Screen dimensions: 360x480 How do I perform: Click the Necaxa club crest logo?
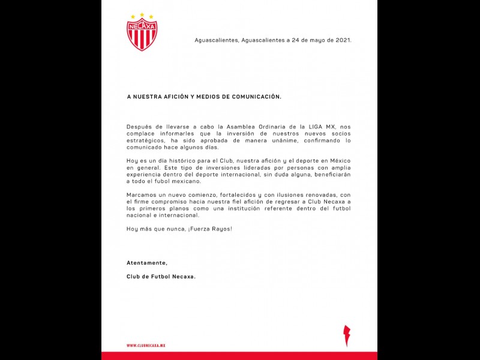tap(142, 34)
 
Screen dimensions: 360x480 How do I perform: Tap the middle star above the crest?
tap(142, 14)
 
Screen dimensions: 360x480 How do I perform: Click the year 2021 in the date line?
tap(343, 40)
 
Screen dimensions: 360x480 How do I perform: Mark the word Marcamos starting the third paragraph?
tap(143, 195)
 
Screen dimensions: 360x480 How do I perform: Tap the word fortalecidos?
tap(235, 195)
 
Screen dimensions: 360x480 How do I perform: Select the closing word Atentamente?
tap(147, 263)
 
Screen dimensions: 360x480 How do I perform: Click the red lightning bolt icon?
tap(346, 335)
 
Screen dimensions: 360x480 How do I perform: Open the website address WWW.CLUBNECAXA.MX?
tap(146, 346)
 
